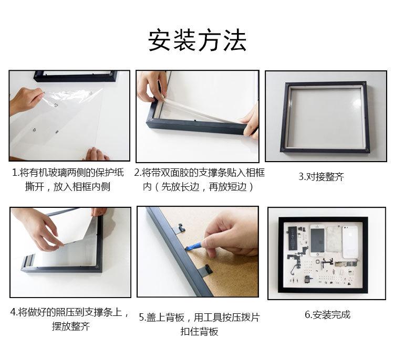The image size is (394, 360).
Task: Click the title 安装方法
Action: pyautogui.click(x=197, y=40)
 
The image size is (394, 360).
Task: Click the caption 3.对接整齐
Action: pyautogui.click(x=321, y=177)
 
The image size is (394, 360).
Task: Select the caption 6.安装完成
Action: pyautogui.click(x=327, y=314)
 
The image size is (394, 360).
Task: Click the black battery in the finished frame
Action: pyautogui.click(x=292, y=238)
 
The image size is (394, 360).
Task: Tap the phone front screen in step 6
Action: pyautogui.click(x=318, y=240)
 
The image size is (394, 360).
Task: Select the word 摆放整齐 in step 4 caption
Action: pyautogui.click(x=71, y=326)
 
